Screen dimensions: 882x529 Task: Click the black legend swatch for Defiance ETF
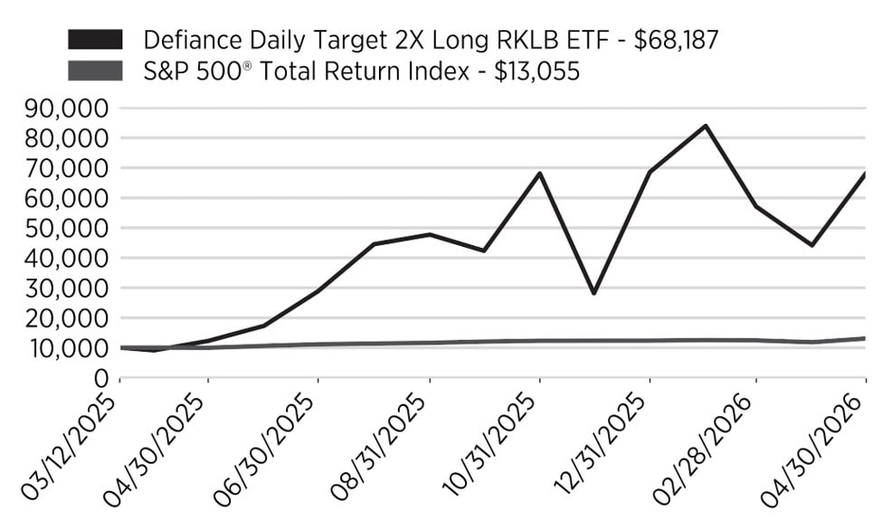(95, 40)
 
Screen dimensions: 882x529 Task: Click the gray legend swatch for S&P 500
(95, 71)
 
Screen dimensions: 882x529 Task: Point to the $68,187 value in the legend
(676, 41)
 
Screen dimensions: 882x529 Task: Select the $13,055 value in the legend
(536, 72)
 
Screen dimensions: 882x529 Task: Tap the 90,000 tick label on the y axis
(66, 109)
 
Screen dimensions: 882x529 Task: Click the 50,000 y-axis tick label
(66, 228)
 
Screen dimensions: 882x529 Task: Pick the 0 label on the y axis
(101, 378)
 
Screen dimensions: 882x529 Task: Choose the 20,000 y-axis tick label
(66, 318)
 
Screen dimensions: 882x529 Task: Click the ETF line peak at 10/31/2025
(540, 173)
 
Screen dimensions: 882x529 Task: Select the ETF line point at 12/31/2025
(650, 172)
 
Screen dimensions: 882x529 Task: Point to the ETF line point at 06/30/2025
(318, 290)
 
